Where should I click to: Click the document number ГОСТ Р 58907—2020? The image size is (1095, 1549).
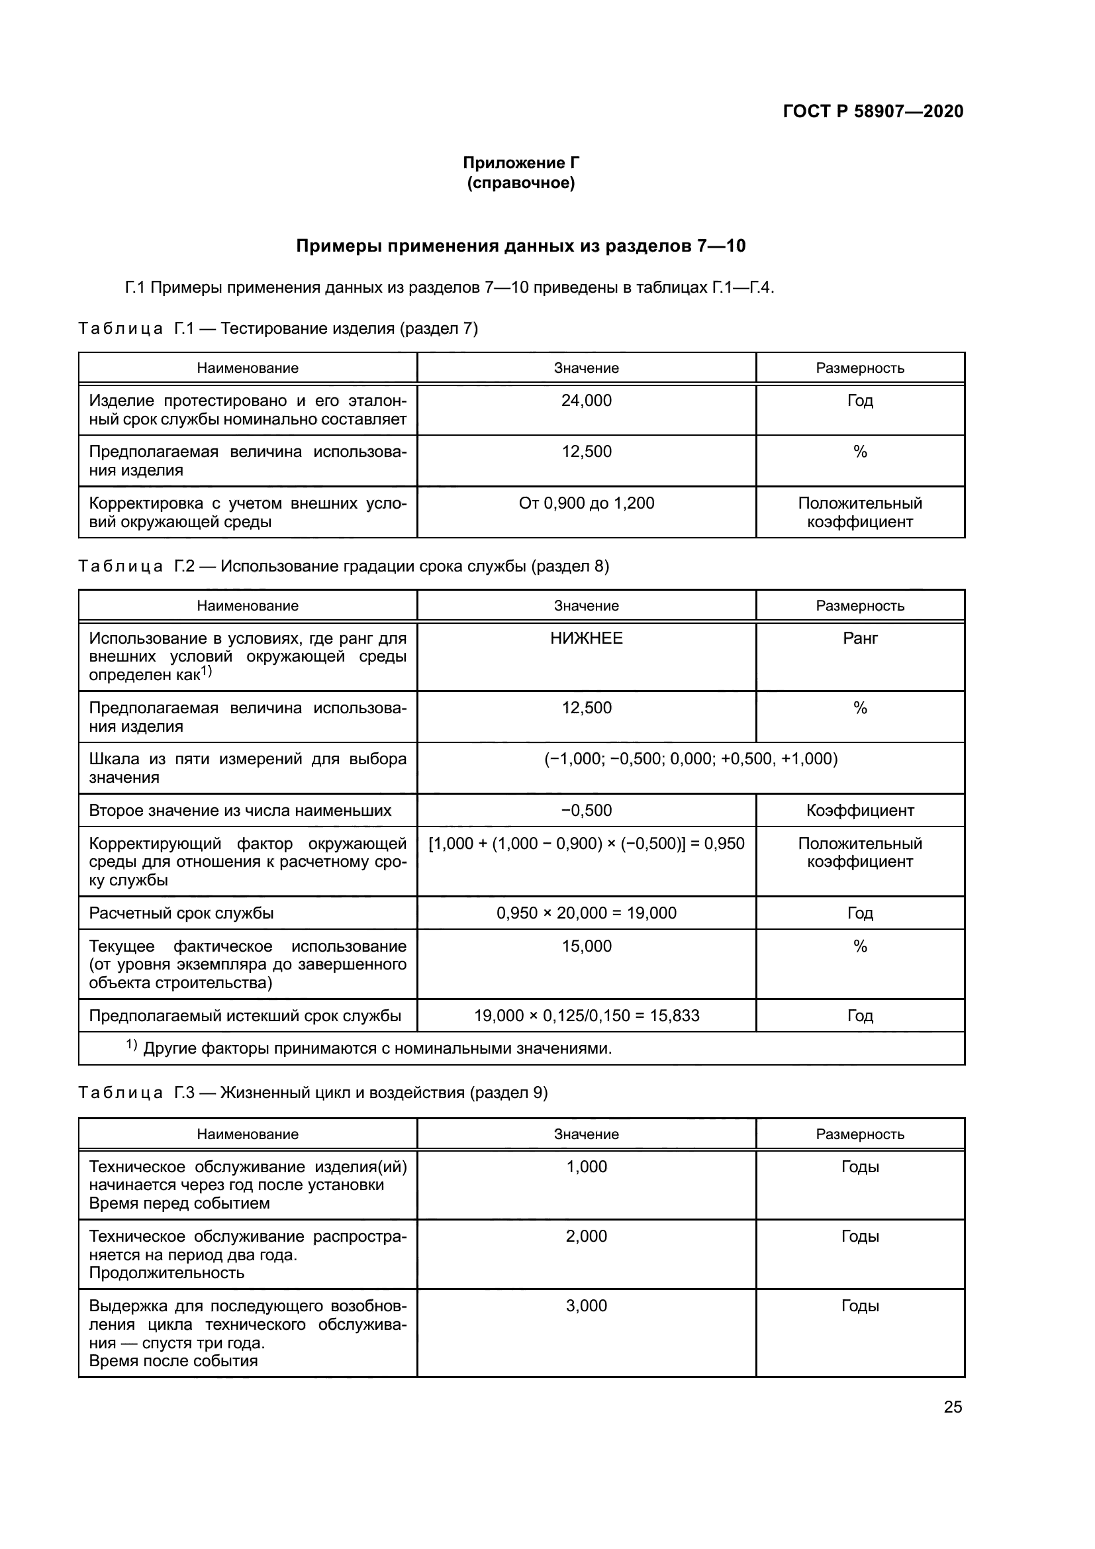click(x=873, y=111)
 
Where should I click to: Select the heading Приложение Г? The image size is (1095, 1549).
click(x=520, y=163)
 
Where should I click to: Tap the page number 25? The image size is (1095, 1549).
click(x=953, y=1407)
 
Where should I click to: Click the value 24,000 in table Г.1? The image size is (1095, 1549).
click(x=586, y=401)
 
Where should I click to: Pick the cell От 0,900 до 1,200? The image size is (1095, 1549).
click(x=586, y=503)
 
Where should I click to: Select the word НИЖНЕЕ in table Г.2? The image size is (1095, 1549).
click(x=586, y=638)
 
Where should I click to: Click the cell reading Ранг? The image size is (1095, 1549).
click(x=860, y=638)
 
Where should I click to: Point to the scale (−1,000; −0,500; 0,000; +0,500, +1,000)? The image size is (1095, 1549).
click(x=690, y=759)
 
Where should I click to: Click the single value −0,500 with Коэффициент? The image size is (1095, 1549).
click(x=586, y=810)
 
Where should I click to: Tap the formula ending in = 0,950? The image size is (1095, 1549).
click(x=586, y=843)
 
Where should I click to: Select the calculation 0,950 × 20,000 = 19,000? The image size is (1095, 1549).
click(x=586, y=913)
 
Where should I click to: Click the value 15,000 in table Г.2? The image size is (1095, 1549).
click(x=586, y=946)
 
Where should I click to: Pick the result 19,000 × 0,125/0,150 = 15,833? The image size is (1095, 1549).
click(x=586, y=1015)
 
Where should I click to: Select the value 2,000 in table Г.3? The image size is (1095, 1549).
click(x=586, y=1236)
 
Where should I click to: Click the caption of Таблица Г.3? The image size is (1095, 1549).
click(x=313, y=1092)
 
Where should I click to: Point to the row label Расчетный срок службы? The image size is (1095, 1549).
click(x=181, y=913)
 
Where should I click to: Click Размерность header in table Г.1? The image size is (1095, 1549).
click(x=860, y=368)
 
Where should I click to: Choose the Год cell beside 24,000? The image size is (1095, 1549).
click(x=860, y=401)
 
